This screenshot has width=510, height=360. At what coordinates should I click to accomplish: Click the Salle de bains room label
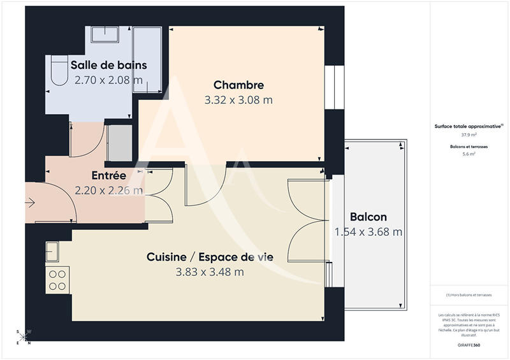tap(108, 65)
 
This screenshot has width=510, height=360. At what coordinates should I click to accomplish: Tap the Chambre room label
tap(238, 85)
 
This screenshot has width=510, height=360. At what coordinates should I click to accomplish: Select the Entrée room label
tap(108, 175)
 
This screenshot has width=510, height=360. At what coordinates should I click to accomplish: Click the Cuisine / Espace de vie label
tap(210, 257)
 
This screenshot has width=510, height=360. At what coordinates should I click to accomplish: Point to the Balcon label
tap(368, 217)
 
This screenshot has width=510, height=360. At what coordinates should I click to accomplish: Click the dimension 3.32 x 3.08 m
tap(238, 100)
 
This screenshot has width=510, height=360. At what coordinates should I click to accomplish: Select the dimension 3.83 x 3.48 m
tap(210, 272)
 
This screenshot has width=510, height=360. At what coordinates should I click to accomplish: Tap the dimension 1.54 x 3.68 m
tap(368, 233)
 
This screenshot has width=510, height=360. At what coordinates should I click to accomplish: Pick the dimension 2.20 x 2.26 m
tap(108, 190)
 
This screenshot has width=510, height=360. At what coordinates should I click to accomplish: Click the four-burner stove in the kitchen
tap(57, 279)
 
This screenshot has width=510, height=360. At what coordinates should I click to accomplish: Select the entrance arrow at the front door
tap(30, 203)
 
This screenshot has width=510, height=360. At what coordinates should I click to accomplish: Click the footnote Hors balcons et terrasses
tap(469, 294)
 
